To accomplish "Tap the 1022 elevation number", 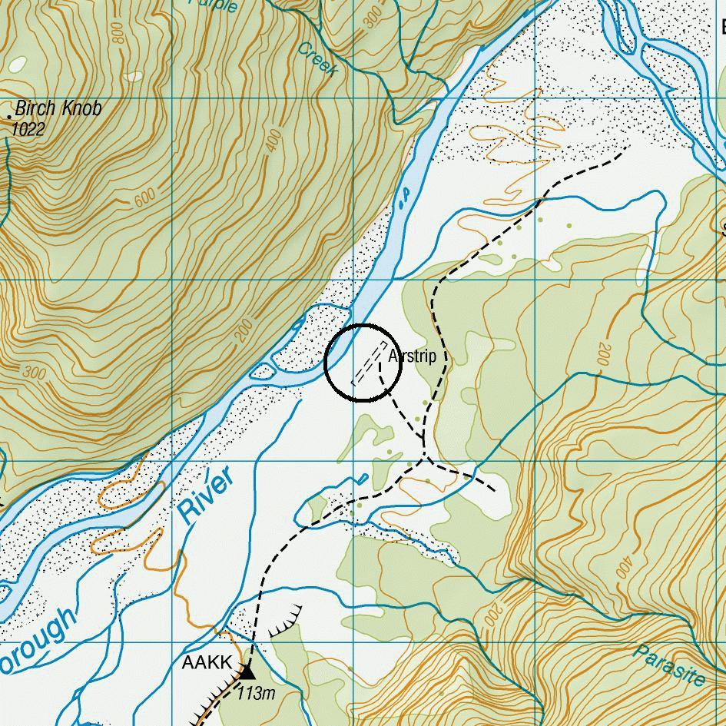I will (28, 129).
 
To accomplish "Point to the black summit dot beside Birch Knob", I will (9, 116).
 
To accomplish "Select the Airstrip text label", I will (413, 356).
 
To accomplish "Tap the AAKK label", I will (206, 663).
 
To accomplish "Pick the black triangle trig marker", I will (247, 672).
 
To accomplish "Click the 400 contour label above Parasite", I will (623, 566).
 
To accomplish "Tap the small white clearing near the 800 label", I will (134, 76).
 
